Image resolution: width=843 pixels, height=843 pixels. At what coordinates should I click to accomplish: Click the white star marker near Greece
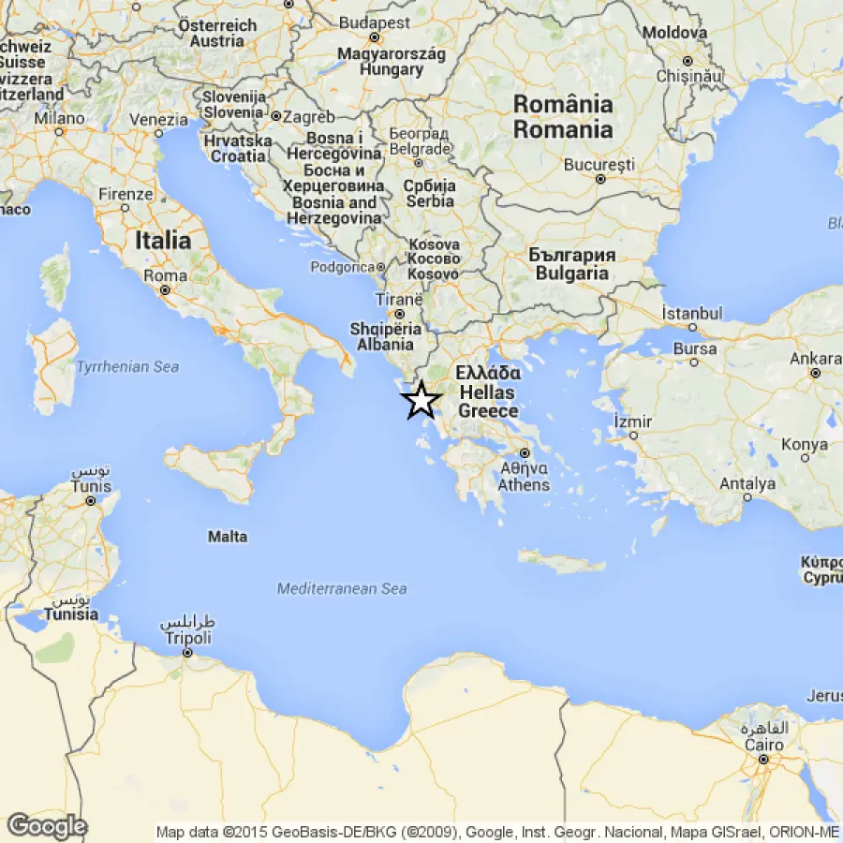(421, 400)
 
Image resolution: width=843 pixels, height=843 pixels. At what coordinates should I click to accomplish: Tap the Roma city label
(165, 276)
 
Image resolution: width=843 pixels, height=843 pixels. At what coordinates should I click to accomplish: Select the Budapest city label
(375, 22)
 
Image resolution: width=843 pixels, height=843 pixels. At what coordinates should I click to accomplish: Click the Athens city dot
(525, 454)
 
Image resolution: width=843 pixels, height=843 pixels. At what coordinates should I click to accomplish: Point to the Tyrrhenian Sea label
(127, 367)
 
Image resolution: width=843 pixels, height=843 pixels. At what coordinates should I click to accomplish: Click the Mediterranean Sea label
(342, 588)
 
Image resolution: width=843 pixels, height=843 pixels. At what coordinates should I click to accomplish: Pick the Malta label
(228, 537)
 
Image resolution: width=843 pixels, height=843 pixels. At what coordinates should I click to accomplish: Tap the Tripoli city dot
(188, 653)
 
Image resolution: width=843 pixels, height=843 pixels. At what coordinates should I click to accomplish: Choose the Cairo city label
(763, 745)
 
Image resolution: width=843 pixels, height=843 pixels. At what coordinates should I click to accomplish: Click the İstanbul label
(692, 313)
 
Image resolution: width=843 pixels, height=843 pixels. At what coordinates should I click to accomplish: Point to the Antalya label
(747, 484)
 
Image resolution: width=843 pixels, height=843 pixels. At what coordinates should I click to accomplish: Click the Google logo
(47, 826)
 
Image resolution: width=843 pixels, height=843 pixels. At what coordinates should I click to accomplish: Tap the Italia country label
(163, 241)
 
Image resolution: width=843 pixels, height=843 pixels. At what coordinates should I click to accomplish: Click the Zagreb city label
(308, 117)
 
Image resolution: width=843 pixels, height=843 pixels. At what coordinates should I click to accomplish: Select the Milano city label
(59, 119)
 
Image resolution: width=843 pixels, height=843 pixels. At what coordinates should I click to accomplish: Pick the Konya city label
(805, 445)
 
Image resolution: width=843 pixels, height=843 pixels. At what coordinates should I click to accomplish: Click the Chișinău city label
(688, 74)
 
